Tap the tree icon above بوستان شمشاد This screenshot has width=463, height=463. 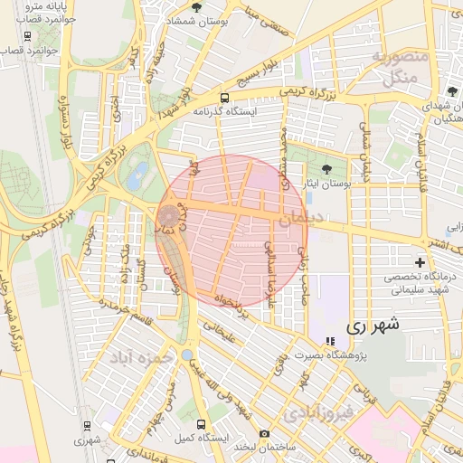click(197, 7)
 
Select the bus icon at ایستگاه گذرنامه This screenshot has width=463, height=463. click(224, 97)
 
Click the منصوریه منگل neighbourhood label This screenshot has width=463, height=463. click(399, 68)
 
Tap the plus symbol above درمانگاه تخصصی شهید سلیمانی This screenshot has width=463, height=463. click(420, 262)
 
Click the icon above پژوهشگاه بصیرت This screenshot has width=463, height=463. click(331, 341)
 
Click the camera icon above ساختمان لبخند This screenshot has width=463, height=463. click(264, 434)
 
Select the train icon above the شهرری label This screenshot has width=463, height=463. click(87, 426)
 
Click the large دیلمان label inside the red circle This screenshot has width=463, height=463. click(299, 218)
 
